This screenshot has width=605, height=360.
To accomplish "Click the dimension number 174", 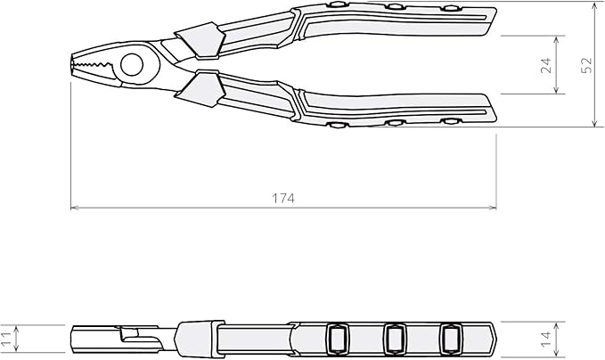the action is click(x=284, y=198).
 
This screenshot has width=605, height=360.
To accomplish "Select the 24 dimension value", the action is click(x=545, y=64).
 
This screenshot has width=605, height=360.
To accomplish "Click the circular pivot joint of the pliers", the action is click(x=132, y=63).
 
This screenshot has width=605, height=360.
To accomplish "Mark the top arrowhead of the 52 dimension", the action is click(x=595, y=6).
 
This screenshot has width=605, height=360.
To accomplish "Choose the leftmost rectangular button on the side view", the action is click(x=338, y=338).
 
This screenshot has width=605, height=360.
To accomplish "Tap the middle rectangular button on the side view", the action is click(x=395, y=338).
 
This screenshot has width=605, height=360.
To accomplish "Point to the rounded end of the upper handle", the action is click(x=493, y=17).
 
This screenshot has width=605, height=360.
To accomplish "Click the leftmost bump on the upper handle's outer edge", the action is click(x=337, y=4).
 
